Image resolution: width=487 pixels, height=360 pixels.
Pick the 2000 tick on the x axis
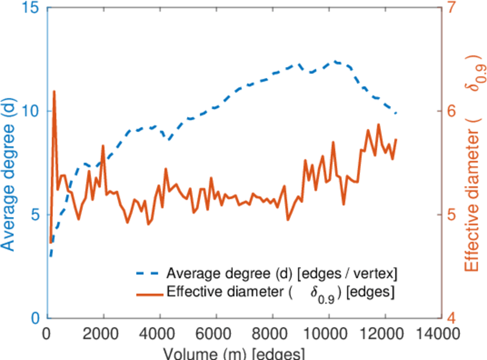[104, 334]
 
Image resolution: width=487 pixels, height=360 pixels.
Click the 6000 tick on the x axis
[216, 334]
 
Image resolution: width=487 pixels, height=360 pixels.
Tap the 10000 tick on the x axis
[328, 334]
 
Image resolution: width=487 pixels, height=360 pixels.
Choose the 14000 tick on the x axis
[440, 334]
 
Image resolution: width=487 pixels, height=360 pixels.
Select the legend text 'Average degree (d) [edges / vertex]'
[282, 274]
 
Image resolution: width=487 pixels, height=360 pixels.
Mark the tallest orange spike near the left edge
[54, 92]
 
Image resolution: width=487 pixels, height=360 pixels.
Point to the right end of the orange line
[396, 139]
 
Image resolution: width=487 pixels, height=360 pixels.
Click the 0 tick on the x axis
[47, 334]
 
